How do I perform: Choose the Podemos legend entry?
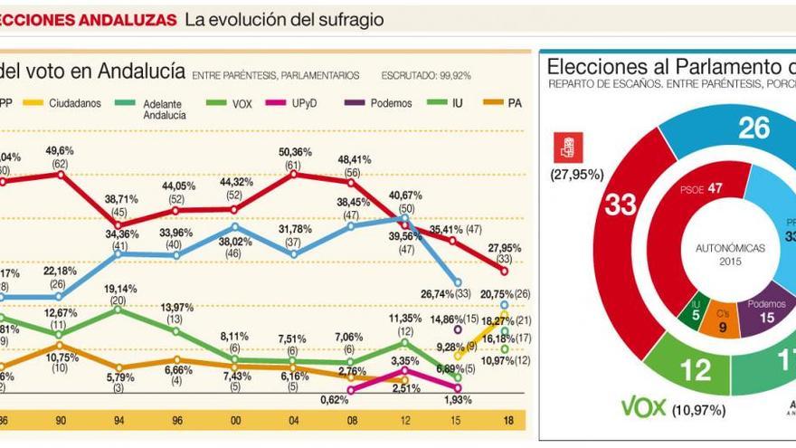click(x=391, y=103)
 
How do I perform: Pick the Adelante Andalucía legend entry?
click(x=163, y=110)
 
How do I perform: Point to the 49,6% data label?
click(x=60, y=149)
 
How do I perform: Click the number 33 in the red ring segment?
click(x=621, y=205)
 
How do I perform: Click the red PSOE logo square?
click(x=568, y=148)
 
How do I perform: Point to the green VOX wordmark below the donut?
click(x=642, y=408)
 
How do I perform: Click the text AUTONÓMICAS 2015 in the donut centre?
click(x=730, y=253)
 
